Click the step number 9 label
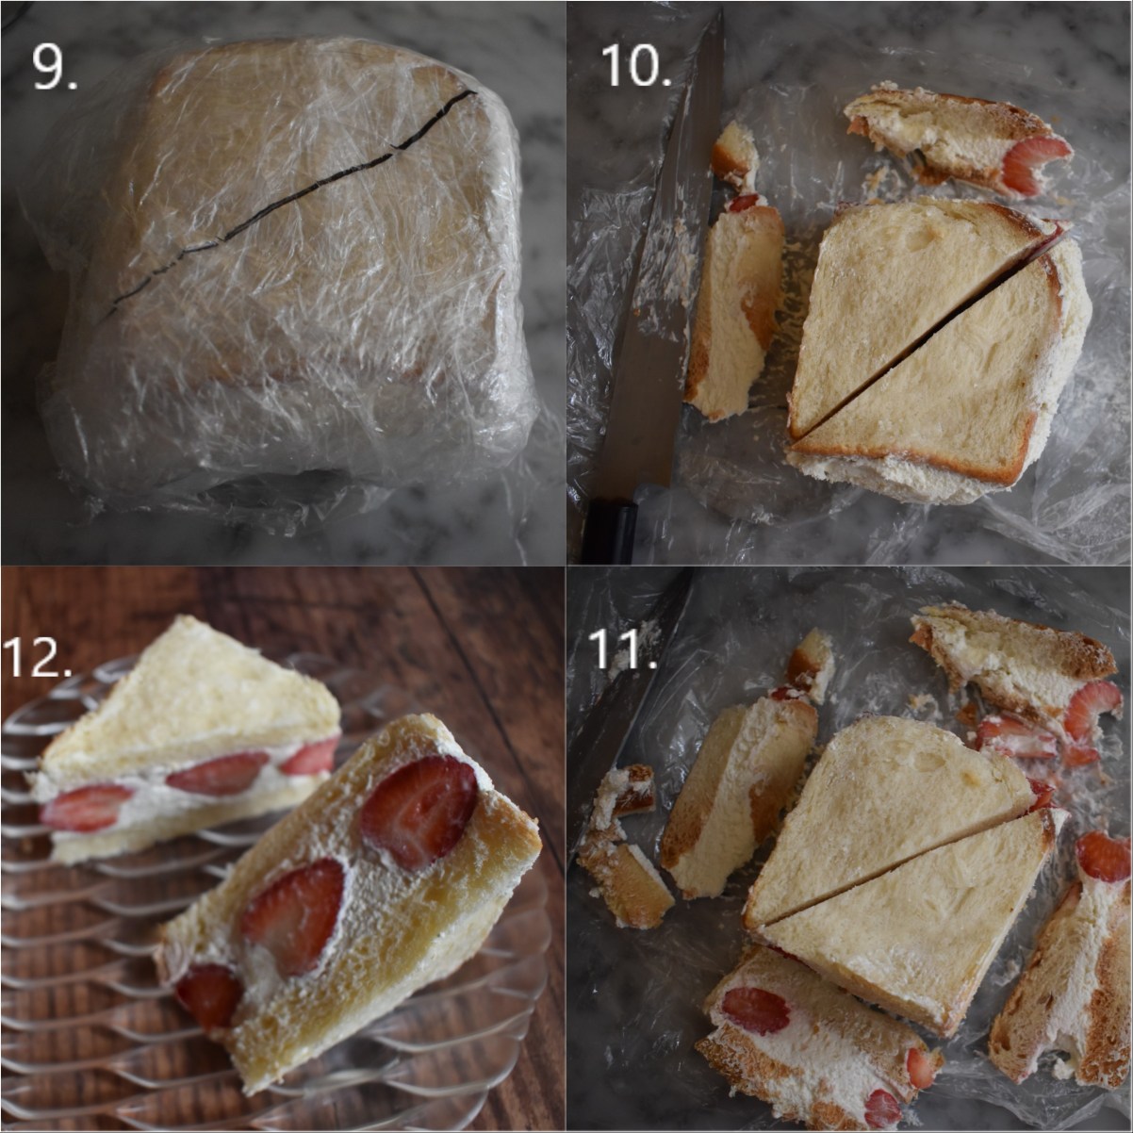pos(55,65)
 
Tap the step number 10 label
pos(635,65)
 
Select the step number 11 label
pos(622,648)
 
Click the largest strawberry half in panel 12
pos(417,811)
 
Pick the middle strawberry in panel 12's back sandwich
pos(217,773)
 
